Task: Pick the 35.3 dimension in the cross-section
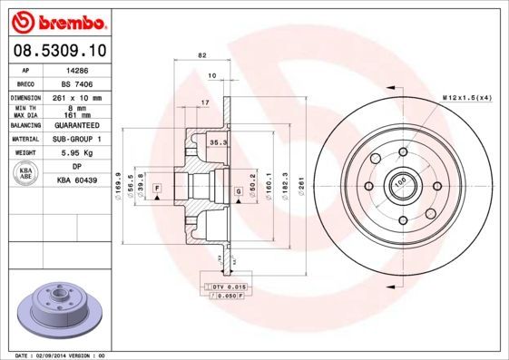tap(217, 143)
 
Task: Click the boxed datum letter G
tap(239, 191)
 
